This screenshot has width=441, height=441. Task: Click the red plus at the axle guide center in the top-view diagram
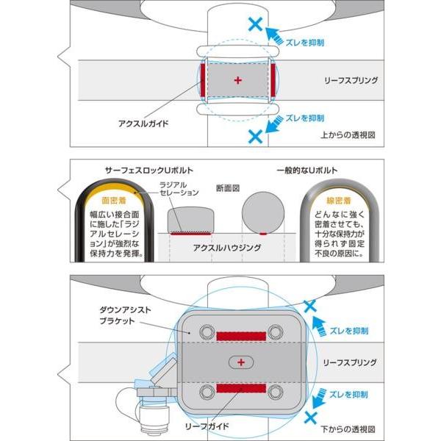click(237, 79)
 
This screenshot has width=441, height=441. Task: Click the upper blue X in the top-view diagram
click(255, 24)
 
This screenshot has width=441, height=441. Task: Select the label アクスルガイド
click(143, 123)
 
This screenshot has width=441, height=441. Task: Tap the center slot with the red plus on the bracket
click(240, 362)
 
